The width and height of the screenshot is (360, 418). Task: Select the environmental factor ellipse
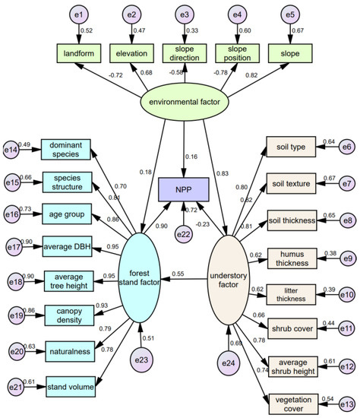tap(184, 101)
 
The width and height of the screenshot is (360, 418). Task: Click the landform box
tap(79, 54)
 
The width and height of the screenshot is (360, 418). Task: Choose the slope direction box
tap(184, 54)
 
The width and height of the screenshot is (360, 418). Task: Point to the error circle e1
tap(79, 14)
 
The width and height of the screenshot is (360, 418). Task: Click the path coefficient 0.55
tap(178, 274)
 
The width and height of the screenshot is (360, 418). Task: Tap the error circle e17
tap(13, 246)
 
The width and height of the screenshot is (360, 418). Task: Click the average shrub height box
tap(292, 367)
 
